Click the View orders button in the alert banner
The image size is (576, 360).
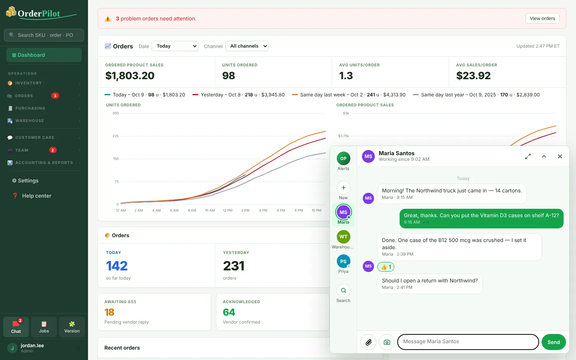[x=542, y=18]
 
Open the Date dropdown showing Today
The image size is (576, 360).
[x=175, y=46]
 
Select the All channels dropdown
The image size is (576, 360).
[x=247, y=46]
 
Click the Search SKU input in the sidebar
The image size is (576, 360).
[x=44, y=35]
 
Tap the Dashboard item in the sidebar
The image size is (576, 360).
[x=44, y=55]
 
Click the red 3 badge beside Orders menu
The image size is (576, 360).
[x=55, y=96]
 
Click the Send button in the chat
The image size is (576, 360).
[x=554, y=342]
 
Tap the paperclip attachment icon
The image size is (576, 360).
[x=368, y=342]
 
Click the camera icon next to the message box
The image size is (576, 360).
[x=387, y=342]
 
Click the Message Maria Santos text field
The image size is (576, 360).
[x=468, y=342]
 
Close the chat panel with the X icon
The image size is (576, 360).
[x=560, y=156]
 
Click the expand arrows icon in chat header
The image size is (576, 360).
[x=528, y=156]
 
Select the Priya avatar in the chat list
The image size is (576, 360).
[x=343, y=261]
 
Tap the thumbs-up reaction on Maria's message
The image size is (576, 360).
[x=386, y=267]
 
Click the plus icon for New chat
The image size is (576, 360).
[x=343, y=188]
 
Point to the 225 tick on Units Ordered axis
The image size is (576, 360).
[x=116, y=136]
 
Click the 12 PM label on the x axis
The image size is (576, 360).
[x=228, y=210]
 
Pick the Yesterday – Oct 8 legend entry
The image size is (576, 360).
[x=238, y=95]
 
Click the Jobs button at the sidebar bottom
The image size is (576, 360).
[x=44, y=327]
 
